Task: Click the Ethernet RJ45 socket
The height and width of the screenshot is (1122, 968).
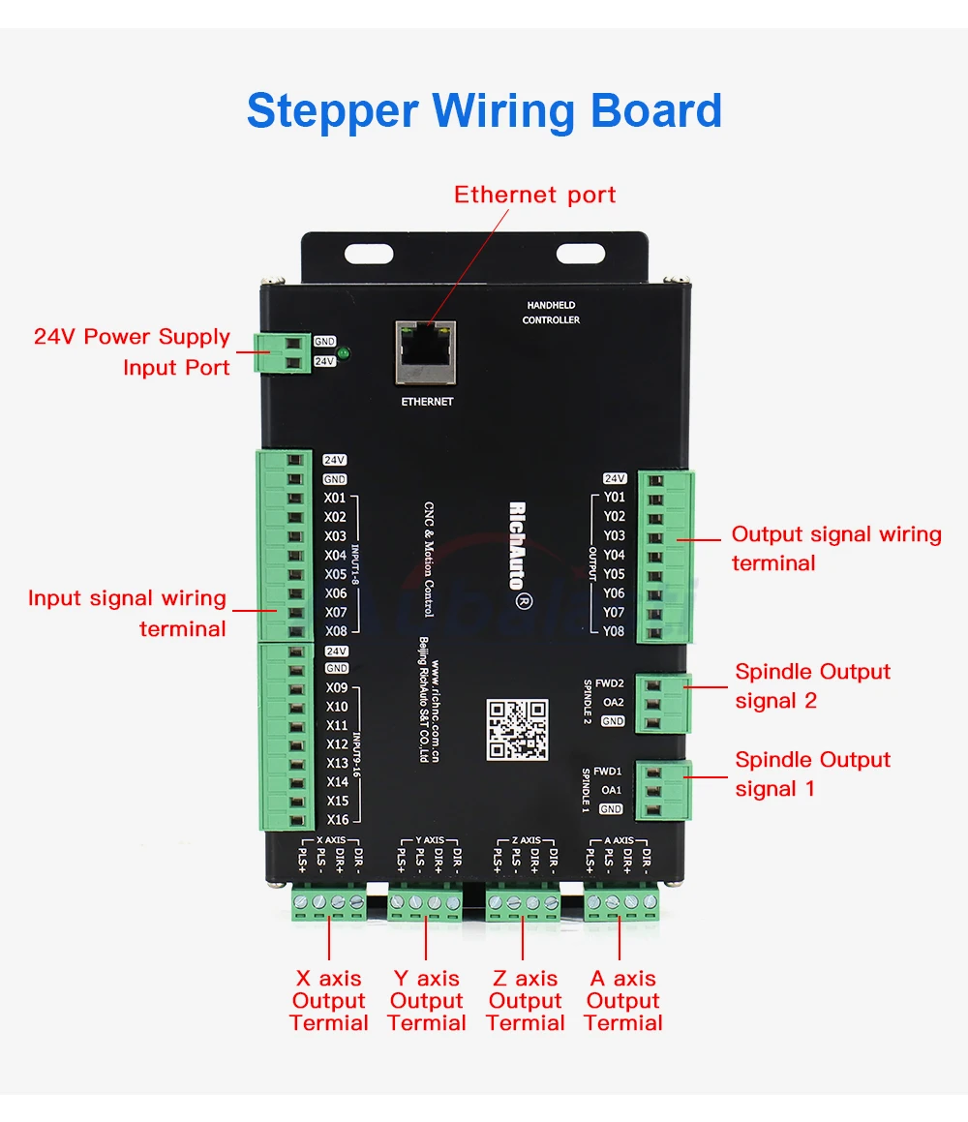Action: (x=426, y=349)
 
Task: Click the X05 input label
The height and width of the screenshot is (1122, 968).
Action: (x=335, y=574)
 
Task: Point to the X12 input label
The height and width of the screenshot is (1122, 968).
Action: (x=337, y=744)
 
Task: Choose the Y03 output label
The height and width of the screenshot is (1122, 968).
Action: (x=614, y=535)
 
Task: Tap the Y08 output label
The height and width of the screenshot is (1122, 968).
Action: (x=614, y=631)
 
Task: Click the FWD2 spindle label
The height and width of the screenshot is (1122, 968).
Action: (x=609, y=683)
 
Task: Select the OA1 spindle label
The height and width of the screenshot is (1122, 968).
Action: (x=612, y=790)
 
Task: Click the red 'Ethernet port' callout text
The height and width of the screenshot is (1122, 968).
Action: (x=534, y=195)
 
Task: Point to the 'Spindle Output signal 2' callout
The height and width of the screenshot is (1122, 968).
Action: (x=812, y=685)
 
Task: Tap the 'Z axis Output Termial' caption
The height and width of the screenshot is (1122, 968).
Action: (x=525, y=1001)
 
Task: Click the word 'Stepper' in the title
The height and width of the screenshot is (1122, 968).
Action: (x=332, y=110)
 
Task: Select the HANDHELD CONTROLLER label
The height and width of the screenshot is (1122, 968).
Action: (x=551, y=313)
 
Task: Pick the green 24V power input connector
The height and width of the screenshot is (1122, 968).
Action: (x=283, y=351)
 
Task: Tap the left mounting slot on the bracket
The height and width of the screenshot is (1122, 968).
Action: (x=369, y=254)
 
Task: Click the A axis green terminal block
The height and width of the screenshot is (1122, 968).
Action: (x=621, y=903)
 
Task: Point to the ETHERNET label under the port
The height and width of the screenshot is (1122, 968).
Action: (x=427, y=401)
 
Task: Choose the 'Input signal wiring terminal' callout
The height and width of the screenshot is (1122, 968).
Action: (x=127, y=613)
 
